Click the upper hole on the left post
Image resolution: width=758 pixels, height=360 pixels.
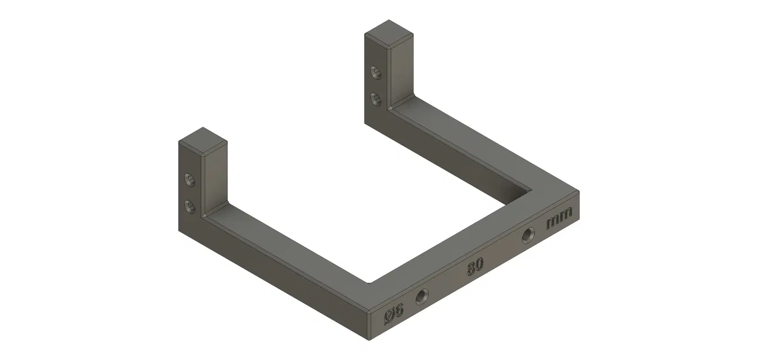point(189,180)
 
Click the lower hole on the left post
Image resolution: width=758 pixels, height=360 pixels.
point(189,205)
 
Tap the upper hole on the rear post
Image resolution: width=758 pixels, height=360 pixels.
point(376,73)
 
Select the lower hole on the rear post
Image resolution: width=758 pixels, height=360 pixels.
point(376,98)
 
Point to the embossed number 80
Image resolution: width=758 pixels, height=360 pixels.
point(475,266)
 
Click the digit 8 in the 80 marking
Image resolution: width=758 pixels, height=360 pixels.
point(471,268)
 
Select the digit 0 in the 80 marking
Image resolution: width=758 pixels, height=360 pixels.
point(479,264)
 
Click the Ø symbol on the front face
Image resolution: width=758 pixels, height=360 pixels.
point(389,316)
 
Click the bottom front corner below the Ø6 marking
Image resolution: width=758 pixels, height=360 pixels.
point(368,339)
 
